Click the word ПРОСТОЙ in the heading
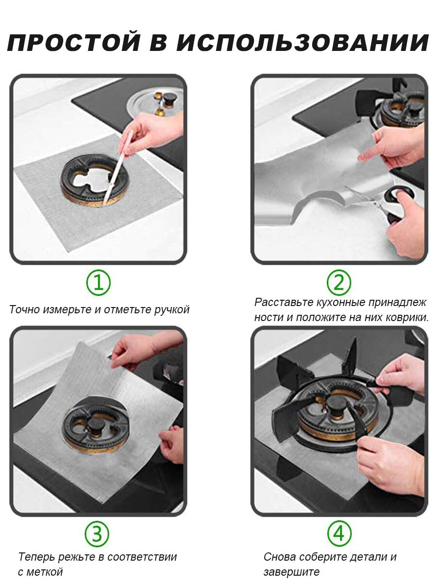[73, 42]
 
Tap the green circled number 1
[98, 283]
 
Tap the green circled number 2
[339, 283]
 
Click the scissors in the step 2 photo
[379, 201]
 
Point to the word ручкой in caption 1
[172, 310]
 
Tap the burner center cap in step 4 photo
[336, 407]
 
